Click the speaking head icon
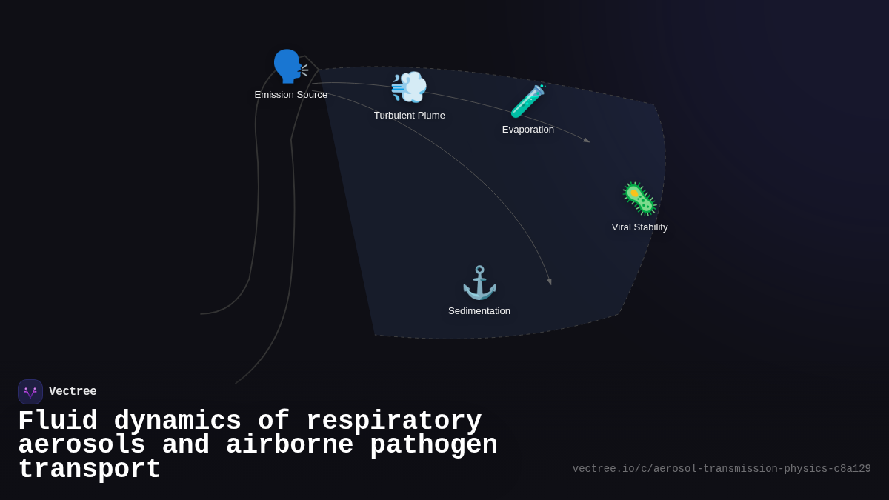[x=289, y=67]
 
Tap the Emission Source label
[x=291, y=95]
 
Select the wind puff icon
[x=409, y=87]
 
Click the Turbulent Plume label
[x=410, y=116]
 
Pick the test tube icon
[x=527, y=101]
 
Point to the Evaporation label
[x=528, y=130]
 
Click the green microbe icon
[x=639, y=199]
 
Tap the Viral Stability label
[x=639, y=227]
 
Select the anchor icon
[x=479, y=283]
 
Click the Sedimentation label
[x=479, y=311]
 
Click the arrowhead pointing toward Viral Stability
[x=586, y=139]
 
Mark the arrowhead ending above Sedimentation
[x=550, y=281]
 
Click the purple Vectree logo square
[x=30, y=392]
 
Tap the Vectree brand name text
[x=73, y=392]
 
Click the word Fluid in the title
[x=58, y=421]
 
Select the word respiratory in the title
[x=393, y=421]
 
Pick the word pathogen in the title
[x=433, y=445]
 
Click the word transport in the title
[x=89, y=470]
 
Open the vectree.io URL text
[x=722, y=469]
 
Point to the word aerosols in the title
[x=81, y=445]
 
